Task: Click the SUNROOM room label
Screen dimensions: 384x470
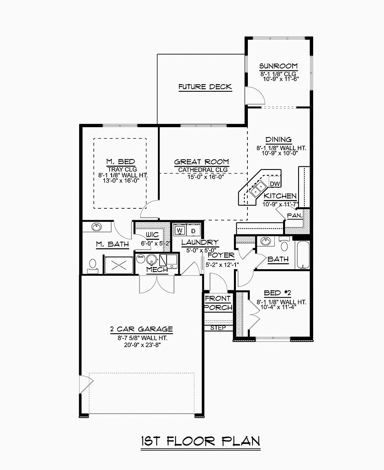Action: click(278, 66)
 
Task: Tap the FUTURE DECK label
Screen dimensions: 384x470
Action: click(205, 87)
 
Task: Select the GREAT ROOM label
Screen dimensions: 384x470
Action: click(202, 162)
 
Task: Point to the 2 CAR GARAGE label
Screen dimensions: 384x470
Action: click(141, 329)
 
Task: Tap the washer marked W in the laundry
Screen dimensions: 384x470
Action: click(180, 230)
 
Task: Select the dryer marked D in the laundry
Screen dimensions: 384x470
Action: click(193, 230)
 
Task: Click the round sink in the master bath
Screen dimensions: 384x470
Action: click(97, 227)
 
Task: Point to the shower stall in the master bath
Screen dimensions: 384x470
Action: click(119, 265)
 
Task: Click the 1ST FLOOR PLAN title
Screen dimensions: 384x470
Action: click(201, 441)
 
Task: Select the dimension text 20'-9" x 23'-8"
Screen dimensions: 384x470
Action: click(142, 345)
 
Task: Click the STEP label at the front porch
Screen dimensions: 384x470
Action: click(218, 328)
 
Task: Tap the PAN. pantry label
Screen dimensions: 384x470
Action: click(295, 215)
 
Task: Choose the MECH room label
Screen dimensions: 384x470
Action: click(157, 270)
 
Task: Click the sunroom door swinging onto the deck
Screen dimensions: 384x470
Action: click(255, 95)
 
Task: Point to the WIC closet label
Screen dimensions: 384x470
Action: click(152, 235)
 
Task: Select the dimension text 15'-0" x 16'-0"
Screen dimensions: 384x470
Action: click(202, 177)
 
